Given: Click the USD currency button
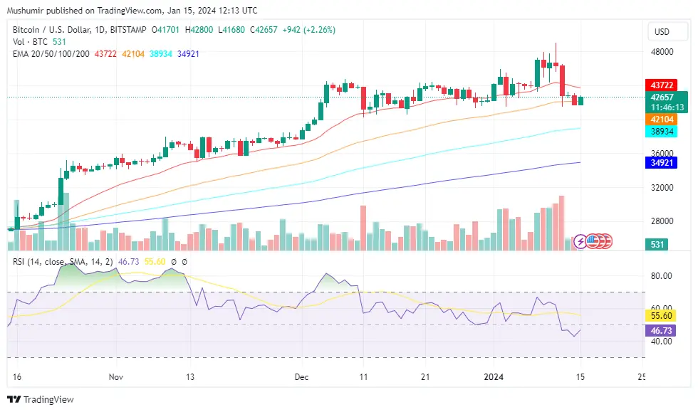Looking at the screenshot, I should click(662, 32).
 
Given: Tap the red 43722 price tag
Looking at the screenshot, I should click(659, 85).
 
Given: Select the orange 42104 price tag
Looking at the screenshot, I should click(659, 120).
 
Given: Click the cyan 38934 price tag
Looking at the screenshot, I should click(659, 132).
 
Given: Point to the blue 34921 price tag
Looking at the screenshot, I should click(659, 163).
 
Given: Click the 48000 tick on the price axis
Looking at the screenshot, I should click(662, 52).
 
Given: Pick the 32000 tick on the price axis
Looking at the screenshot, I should click(662, 188).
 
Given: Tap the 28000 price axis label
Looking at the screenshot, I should click(662, 221).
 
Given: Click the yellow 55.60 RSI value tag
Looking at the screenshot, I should click(659, 315).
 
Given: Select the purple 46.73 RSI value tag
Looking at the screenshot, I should click(659, 331).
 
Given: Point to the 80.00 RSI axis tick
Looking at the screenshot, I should click(662, 276).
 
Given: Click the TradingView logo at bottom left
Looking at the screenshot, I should click(41, 399).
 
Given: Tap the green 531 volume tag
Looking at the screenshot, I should click(659, 245).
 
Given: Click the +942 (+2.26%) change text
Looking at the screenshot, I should click(308, 30).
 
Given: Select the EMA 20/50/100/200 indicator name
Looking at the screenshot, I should click(51, 54).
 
